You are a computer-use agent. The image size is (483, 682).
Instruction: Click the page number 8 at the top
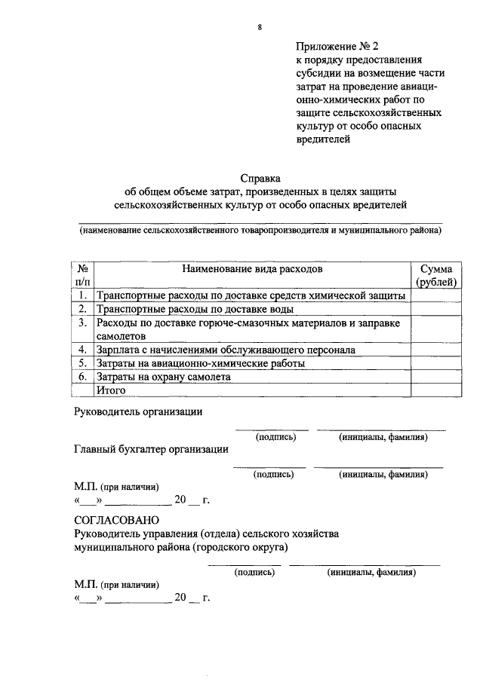[x=260, y=28]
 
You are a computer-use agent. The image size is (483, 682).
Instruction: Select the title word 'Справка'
[x=260, y=179]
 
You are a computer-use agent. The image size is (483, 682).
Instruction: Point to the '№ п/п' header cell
[x=83, y=274]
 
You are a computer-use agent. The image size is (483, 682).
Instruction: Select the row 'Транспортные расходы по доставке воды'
[x=195, y=309]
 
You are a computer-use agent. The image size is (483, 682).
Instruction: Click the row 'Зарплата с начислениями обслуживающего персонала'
[x=226, y=350]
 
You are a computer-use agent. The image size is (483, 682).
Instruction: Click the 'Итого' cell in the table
[x=111, y=390]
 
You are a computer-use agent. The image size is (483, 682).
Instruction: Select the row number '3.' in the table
[x=83, y=323]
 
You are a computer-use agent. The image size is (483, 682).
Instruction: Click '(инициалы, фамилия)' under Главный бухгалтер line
[x=383, y=475]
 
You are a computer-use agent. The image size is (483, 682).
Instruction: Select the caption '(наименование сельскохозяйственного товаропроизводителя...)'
[x=260, y=231]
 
